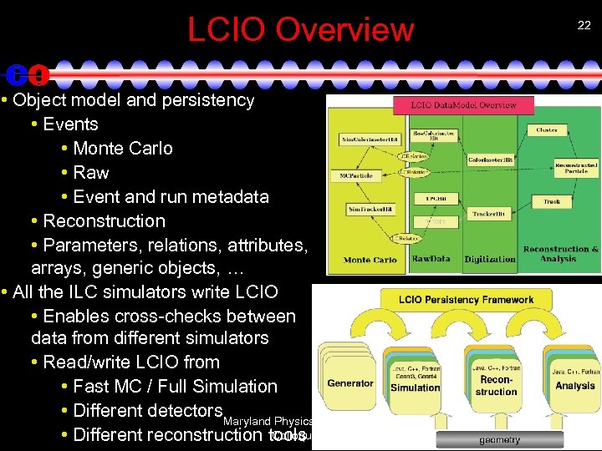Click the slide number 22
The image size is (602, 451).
click(583, 27)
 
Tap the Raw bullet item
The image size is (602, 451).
click(91, 173)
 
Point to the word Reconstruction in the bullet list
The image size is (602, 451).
click(104, 221)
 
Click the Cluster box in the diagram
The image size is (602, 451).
click(547, 130)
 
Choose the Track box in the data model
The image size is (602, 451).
click(552, 201)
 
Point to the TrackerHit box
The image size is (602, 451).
click(489, 214)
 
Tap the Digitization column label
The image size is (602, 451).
click(490, 259)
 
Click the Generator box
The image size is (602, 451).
click(350, 383)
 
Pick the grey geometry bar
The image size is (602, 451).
click(499, 439)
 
